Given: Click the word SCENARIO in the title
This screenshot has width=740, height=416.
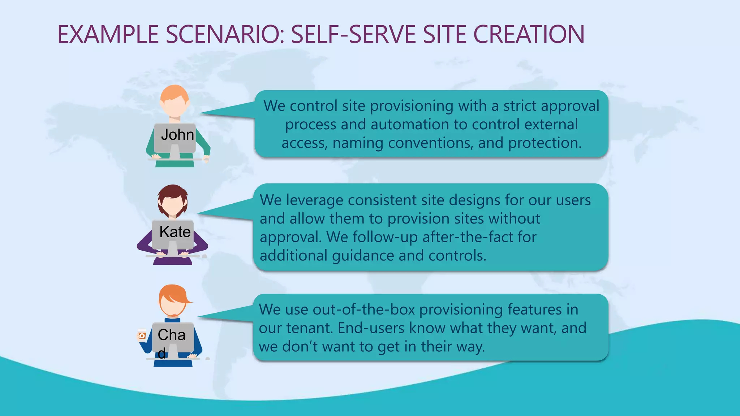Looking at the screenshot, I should tap(222, 35).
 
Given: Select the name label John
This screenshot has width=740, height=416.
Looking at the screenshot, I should tap(177, 135).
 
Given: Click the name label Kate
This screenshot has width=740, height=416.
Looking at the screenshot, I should tap(175, 232).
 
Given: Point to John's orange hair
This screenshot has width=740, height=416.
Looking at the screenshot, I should tap(175, 93).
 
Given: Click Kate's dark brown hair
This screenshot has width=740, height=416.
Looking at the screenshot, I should tap(173, 192).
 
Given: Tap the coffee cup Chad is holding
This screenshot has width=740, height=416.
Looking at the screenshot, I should tap(142, 335).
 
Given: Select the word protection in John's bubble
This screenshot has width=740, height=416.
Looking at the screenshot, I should tap(545, 143).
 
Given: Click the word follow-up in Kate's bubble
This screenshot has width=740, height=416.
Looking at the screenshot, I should tap(385, 237).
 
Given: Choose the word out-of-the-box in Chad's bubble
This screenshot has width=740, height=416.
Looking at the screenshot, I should tap(363, 309).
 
